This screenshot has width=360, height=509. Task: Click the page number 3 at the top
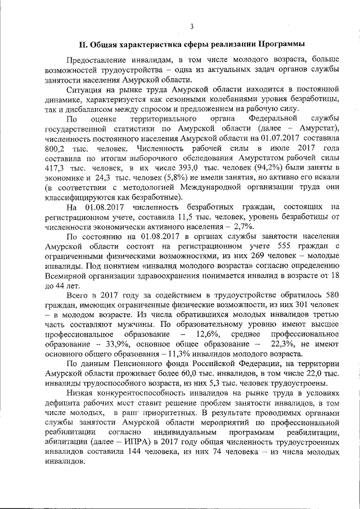point(191,26)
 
